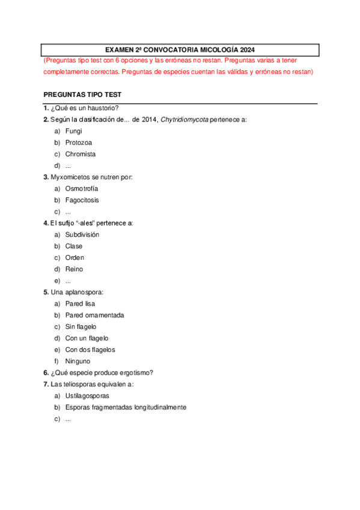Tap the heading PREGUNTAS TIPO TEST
tap(82, 96)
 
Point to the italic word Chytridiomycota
tap(185, 120)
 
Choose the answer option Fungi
tap(73, 131)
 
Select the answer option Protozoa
tap(78, 143)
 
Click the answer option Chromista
tap(80, 154)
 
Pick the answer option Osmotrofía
tap(82, 188)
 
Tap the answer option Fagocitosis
tap(82, 200)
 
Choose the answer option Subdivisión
tap(82, 235)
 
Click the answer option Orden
tap(75, 257)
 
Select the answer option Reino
tap(74, 269)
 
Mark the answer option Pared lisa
tap(80, 304)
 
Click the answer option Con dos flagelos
tap(90, 349)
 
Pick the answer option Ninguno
tap(78, 361)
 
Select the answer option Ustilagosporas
tap(87, 396)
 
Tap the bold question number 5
tap(46, 292)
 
